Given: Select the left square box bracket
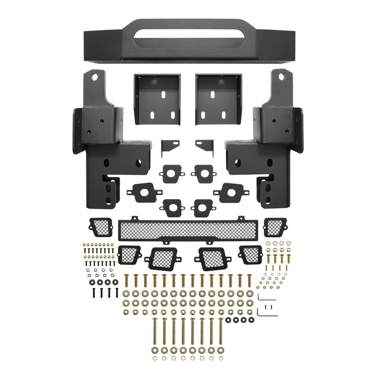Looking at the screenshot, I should point(157,99).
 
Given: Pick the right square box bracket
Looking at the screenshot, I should point(218,99).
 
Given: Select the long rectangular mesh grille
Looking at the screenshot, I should point(188,230).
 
